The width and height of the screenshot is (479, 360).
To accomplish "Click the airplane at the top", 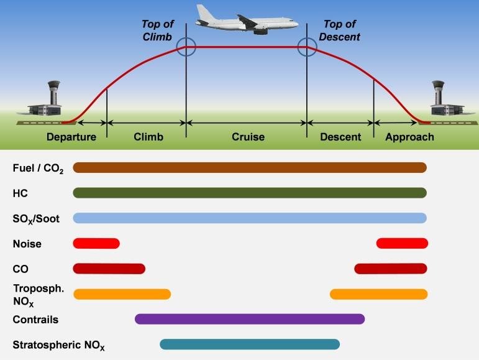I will tap(246, 19).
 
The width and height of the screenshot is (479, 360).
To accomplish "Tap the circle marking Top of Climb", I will tap(186, 47).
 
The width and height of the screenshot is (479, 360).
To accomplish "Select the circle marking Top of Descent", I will tap(306, 47).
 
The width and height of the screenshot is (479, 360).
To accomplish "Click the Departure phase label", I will tap(71, 137).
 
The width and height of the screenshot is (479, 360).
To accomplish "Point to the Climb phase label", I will tap(148, 137).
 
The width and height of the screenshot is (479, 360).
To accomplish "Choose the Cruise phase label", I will tap(248, 137).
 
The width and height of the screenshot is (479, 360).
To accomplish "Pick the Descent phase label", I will tap(340, 137).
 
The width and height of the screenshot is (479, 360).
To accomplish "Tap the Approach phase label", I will tap(409, 137).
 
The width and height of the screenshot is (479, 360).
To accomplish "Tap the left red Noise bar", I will tap(96, 243).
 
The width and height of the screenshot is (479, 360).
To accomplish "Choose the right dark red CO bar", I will tap(391, 269).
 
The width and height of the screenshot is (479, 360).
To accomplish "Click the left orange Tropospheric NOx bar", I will tap(122, 294).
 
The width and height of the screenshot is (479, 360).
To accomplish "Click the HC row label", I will tap(20, 193).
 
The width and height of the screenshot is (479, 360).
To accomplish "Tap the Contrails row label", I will tap(35, 320).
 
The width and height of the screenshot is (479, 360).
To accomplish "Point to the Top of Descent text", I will tap(339, 30).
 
